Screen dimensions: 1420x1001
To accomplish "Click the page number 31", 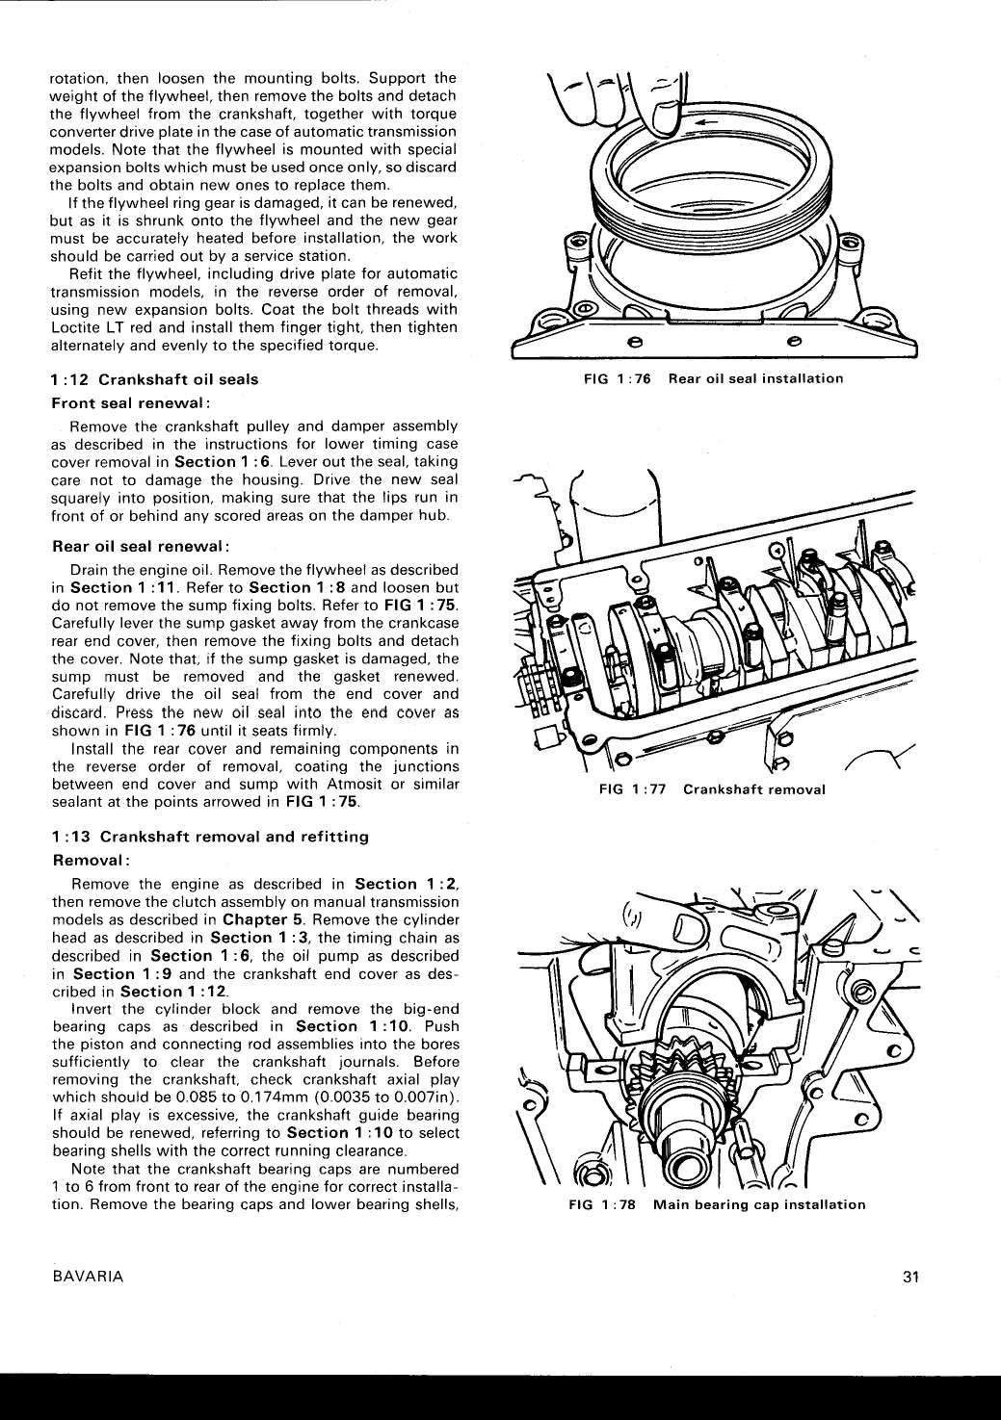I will click(x=911, y=1277).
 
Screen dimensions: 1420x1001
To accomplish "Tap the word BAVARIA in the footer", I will click(x=88, y=1277).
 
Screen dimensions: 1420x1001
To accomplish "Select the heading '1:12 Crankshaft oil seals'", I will click(x=154, y=379).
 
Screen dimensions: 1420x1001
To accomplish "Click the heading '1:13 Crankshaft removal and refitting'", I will click(x=209, y=837).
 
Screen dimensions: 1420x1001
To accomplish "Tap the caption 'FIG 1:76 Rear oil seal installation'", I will click(x=713, y=378).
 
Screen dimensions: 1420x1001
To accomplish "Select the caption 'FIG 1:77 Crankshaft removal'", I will click(x=712, y=789).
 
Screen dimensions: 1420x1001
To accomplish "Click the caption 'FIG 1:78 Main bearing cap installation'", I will click(x=717, y=1204).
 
